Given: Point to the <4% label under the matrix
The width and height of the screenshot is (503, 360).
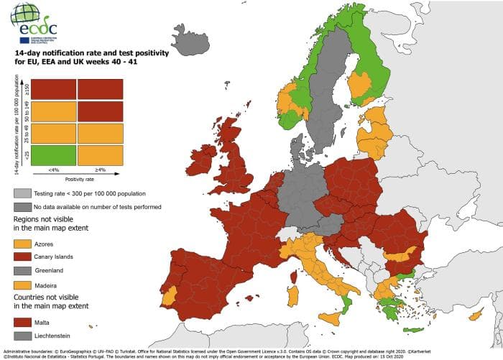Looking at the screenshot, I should tap(55, 170).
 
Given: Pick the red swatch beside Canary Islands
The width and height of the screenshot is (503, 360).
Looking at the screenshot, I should tap(23, 257).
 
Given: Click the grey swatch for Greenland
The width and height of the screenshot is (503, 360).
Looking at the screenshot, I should tap(23, 271).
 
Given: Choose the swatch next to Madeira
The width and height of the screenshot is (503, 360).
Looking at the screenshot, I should tap(23, 284).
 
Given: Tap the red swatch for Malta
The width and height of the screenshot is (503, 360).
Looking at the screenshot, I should tap(23, 323).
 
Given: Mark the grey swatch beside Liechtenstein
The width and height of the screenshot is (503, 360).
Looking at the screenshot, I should tap(23, 336).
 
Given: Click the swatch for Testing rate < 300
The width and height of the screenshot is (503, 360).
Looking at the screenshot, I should tap(23, 194).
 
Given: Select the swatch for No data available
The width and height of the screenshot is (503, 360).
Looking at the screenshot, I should tap(23, 207).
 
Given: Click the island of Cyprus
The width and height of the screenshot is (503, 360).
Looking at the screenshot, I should tap(474, 315).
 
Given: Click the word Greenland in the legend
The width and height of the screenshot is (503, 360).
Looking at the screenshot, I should tap(50, 271).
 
